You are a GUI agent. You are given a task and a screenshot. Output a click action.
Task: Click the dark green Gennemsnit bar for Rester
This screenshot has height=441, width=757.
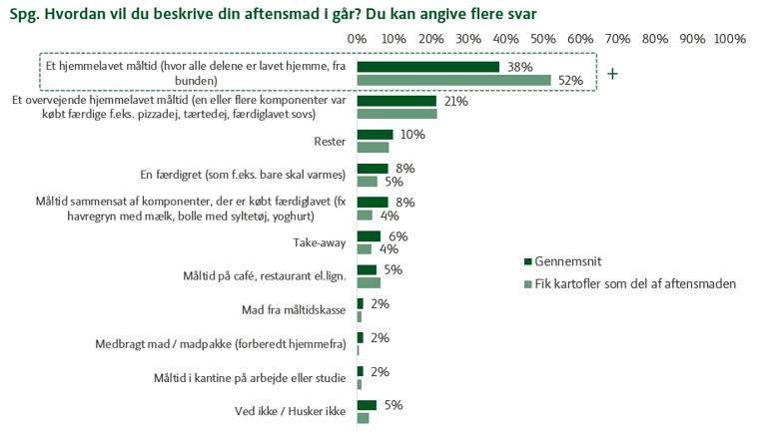tap(375, 135)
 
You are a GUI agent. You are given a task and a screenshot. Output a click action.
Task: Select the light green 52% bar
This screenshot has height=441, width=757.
tap(453, 80)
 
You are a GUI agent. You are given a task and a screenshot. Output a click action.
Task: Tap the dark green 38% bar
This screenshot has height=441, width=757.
tap(427, 66)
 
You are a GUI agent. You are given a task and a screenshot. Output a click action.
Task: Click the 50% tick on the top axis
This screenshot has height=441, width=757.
tap(543, 38)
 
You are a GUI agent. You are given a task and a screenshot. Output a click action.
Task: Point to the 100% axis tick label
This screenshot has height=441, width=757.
tap(730, 38)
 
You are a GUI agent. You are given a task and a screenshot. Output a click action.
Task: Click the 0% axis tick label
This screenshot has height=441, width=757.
tap(357, 38)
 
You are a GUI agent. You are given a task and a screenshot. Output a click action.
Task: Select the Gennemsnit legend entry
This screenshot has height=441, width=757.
tap(566, 261)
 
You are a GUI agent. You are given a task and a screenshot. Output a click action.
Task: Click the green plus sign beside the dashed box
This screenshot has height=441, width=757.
tap(612, 74)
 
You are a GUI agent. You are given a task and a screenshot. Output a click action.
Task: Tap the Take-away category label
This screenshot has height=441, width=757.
tap(320, 241)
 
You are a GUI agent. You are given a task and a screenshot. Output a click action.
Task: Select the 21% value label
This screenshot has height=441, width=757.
tap(455, 101)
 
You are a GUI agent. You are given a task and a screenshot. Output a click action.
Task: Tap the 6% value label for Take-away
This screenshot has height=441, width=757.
tap(398, 235)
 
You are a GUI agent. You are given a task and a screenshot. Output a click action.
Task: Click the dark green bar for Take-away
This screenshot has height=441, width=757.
tap(368, 236)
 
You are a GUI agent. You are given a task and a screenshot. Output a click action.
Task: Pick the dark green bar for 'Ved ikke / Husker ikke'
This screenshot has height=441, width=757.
tap(366, 405)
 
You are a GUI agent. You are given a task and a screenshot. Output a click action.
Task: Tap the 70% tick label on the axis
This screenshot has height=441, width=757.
tap(617, 38)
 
